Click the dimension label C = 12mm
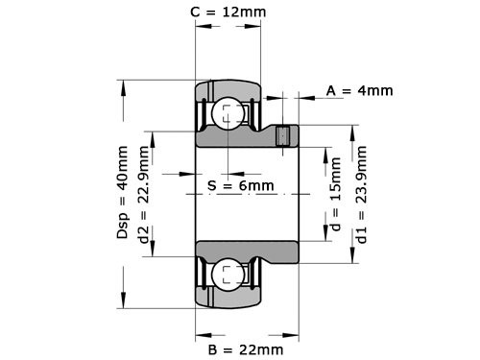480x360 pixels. click(228, 12)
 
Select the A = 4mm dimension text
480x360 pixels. click(359, 91)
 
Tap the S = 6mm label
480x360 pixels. click(240, 184)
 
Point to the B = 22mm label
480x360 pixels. click(245, 348)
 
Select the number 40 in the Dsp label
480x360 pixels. click(123, 185)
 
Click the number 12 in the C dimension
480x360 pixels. click(236, 12)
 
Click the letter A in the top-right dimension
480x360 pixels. click(331, 91)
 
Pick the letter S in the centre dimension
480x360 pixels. click(212, 184)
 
